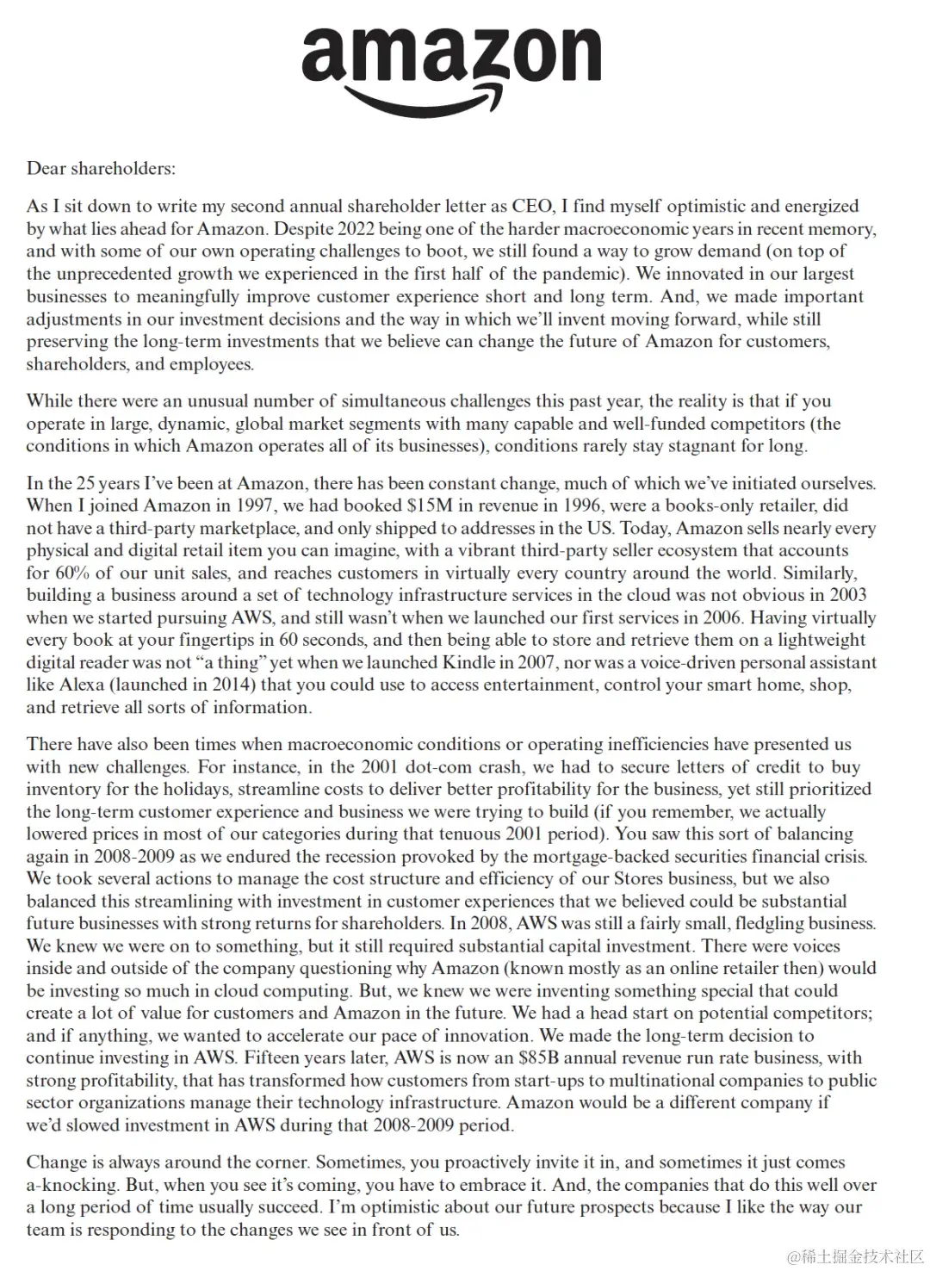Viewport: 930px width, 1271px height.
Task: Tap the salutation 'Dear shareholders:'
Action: [101, 169]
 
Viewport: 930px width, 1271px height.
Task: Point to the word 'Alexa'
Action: [81, 685]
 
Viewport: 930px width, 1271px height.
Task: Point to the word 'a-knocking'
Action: [71, 1185]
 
